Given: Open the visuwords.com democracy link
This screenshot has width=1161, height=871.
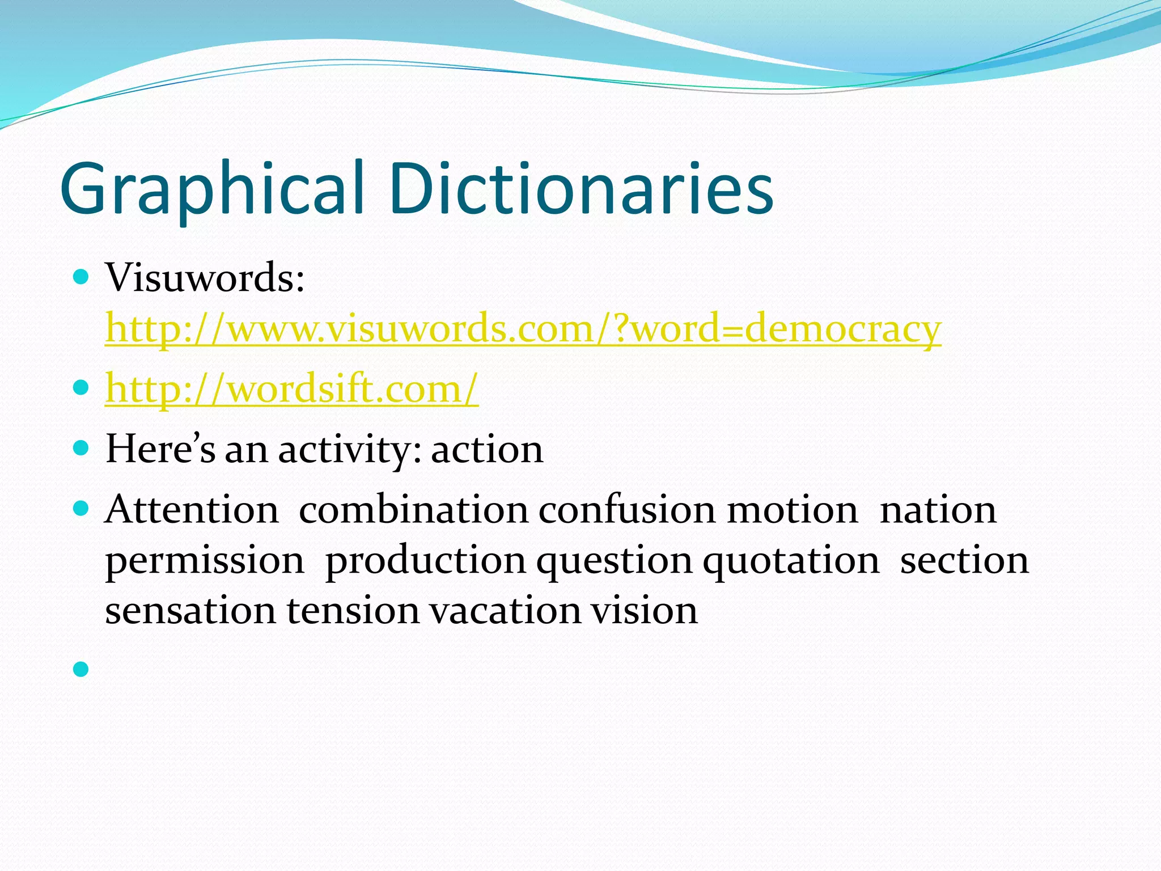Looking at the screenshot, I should pyautogui.click(x=523, y=329).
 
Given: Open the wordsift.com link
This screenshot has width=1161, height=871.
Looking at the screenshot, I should pyautogui.click(x=292, y=390).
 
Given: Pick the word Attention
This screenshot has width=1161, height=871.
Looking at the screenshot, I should pyautogui.click(x=192, y=509).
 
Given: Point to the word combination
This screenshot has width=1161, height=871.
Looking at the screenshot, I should pyautogui.click(x=413, y=509).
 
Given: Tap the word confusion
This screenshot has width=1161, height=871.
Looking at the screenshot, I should pyautogui.click(x=627, y=509).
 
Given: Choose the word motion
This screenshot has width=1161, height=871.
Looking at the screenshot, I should pyautogui.click(x=793, y=509).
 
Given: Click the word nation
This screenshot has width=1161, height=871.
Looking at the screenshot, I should pyautogui.click(x=938, y=509).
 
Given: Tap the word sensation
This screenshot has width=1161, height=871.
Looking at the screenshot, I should pyautogui.click(x=190, y=611).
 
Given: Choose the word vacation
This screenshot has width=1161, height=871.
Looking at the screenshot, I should pyautogui.click(x=505, y=611).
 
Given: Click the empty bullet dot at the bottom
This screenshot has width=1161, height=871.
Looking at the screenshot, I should pyautogui.click(x=82, y=670).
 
